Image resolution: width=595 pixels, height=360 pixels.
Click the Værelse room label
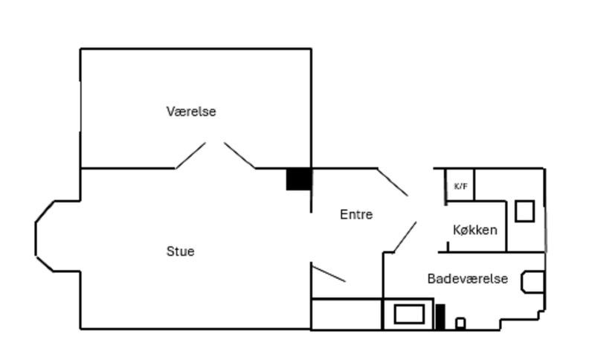click(191, 112)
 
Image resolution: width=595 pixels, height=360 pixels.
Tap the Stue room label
click(180, 251)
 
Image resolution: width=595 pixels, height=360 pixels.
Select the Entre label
click(356, 214)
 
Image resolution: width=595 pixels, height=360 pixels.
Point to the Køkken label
click(475, 230)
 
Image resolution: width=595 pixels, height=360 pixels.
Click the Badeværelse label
click(467, 279)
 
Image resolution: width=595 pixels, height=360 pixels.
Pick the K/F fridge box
click(460, 185)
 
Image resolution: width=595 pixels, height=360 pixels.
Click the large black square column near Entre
click(298, 179)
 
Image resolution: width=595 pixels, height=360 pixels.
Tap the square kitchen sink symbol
click(524, 211)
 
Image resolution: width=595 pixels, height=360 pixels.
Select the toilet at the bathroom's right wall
click(534, 281)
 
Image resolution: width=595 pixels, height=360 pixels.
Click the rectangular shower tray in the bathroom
click(408, 314)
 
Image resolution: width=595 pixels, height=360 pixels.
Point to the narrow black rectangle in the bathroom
click(440, 317)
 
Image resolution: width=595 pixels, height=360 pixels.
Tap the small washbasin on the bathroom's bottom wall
click(460, 323)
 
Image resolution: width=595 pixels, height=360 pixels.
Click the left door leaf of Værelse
click(190, 155)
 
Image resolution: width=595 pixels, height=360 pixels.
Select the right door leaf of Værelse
click(239, 155)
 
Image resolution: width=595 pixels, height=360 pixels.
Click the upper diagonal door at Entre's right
click(393, 182)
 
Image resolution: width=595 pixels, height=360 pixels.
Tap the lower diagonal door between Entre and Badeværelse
click(405, 237)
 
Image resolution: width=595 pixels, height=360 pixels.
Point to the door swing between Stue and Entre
click(328, 274)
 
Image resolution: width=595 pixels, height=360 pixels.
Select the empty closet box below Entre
click(346, 314)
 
